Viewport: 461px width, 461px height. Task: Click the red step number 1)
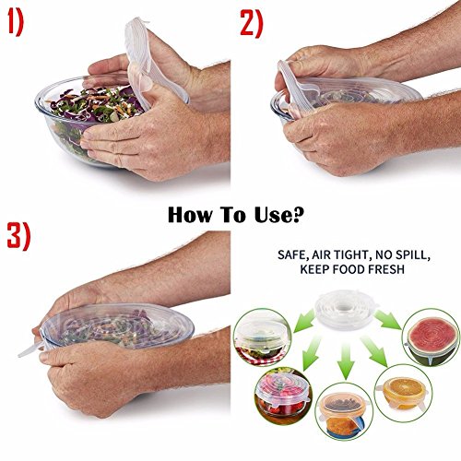[x=16, y=23]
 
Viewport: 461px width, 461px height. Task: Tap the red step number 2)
[x=252, y=23]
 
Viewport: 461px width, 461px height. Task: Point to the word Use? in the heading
[x=278, y=215]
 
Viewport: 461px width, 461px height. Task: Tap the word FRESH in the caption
[x=386, y=269]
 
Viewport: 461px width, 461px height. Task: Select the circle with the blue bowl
[x=345, y=412]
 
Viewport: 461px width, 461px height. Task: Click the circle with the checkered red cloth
[x=262, y=337]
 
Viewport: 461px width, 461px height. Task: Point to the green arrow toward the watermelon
[x=388, y=320]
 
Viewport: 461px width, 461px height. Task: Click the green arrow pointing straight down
[x=346, y=361]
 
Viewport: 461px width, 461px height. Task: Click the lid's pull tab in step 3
[x=30, y=350]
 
